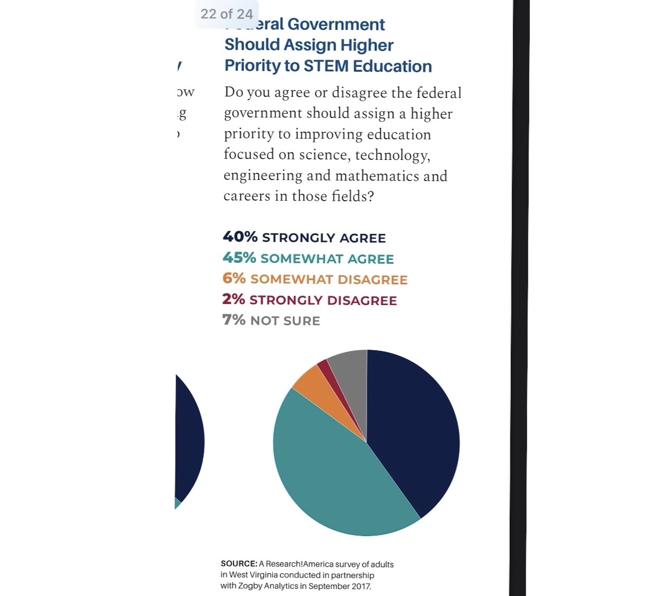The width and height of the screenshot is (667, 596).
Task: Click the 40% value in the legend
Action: (x=240, y=237)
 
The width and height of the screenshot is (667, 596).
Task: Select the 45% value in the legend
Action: (x=239, y=258)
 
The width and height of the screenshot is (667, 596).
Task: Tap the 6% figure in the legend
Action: (x=234, y=278)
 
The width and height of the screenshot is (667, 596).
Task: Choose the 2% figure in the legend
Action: (x=233, y=299)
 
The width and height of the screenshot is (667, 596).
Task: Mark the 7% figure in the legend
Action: (x=234, y=320)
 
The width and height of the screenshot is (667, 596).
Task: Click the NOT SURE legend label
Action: (x=285, y=321)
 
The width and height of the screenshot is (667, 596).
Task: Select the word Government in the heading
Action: (x=336, y=25)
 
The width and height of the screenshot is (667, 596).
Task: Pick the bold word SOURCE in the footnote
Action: (x=238, y=564)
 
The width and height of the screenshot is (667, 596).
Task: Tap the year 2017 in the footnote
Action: (x=361, y=586)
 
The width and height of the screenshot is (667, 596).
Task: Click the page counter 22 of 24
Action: (x=226, y=14)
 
